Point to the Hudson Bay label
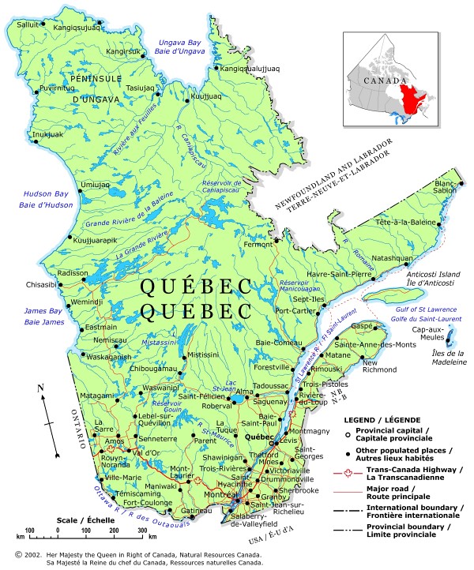tap(28, 193)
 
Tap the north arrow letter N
tap(40, 388)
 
